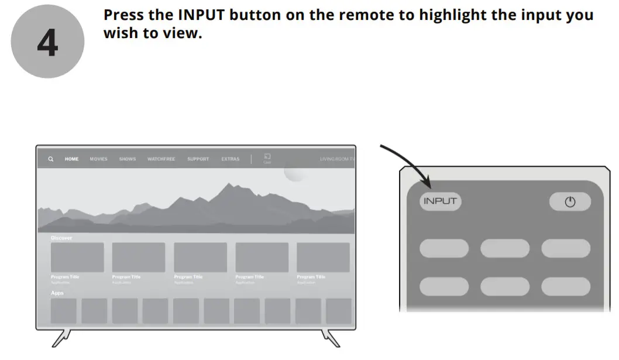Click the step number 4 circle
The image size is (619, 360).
coord(47,42)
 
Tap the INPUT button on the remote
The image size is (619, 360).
coord(440,201)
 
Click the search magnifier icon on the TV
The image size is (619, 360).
coord(51,159)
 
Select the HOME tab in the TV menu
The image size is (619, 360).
coord(71,159)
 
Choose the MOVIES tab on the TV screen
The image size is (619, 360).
coord(98,159)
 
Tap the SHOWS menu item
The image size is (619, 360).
coord(128,159)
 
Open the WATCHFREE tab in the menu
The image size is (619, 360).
coord(161,159)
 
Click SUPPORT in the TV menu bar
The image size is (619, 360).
coord(198,159)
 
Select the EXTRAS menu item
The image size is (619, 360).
coord(230,159)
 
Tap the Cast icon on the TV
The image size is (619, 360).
coord(267,157)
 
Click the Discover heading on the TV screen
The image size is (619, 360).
coord(61,238)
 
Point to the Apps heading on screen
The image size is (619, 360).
coord(57,293)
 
